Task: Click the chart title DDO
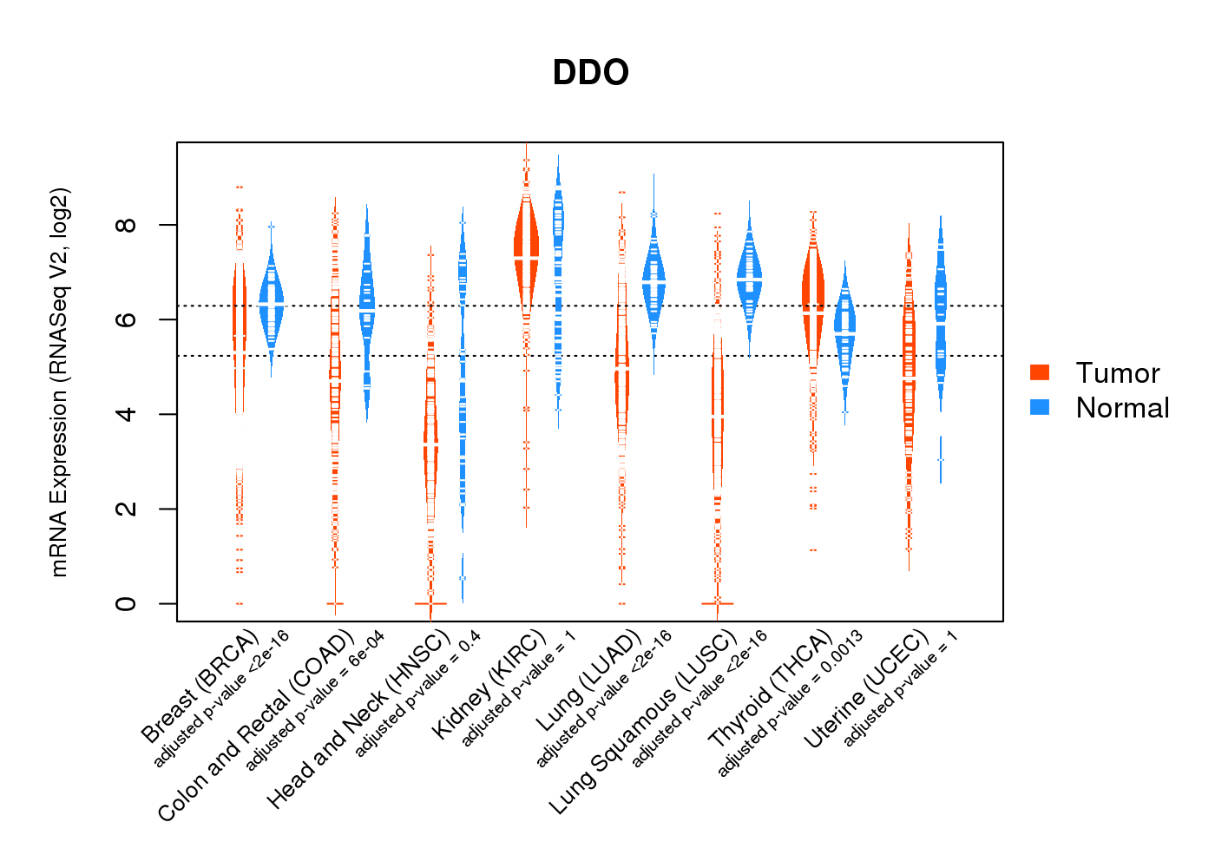point(590,73)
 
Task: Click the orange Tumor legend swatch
point(1040,372)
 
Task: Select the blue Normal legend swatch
point(1040,407)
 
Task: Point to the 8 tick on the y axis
point(127,225)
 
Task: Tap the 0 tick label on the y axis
point(127,603)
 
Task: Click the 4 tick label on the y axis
point(127,414)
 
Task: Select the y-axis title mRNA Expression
point(59,382)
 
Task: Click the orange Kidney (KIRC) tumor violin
point(526,252)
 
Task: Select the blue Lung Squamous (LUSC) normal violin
point(749,278)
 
